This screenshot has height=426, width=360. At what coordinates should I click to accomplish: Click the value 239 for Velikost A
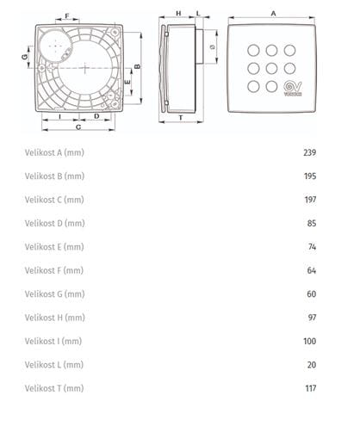click(x=310, y=152)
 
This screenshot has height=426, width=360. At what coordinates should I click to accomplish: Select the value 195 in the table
click(x=310, y=176)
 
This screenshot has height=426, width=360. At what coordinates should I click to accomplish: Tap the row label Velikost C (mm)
click(x=54, y=200)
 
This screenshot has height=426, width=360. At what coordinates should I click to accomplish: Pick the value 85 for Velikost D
click(x=312, y=223)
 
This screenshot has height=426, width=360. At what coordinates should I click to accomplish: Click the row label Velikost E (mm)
click(x=54, y=247)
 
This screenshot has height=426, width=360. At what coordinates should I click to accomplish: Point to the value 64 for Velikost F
click(x=312, y=270)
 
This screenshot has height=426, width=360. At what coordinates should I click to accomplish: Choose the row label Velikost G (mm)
click(x=54, y=294)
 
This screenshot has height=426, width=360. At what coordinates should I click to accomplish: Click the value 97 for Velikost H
click(x=312, y=318)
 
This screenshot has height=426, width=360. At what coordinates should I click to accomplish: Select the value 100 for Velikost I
click(x=310, y=341)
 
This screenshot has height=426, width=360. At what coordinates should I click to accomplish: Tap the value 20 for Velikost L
click(x=312, y=365)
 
